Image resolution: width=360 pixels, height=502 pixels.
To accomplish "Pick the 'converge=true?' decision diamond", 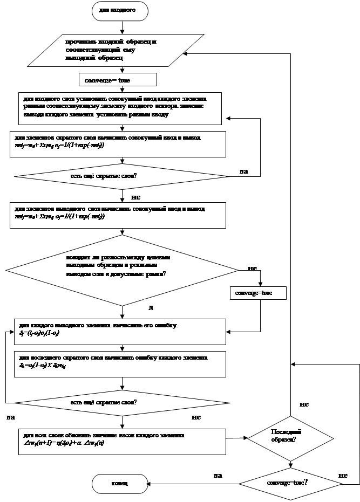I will (290, 483).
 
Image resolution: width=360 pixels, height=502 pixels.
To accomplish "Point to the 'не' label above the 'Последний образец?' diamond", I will (305, 403).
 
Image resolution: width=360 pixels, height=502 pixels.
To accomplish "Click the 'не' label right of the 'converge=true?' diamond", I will (343, 474).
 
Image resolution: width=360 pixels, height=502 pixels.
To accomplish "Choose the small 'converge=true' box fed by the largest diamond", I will (258, 293).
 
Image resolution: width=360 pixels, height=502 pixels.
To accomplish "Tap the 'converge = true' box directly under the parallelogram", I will (117, 80).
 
